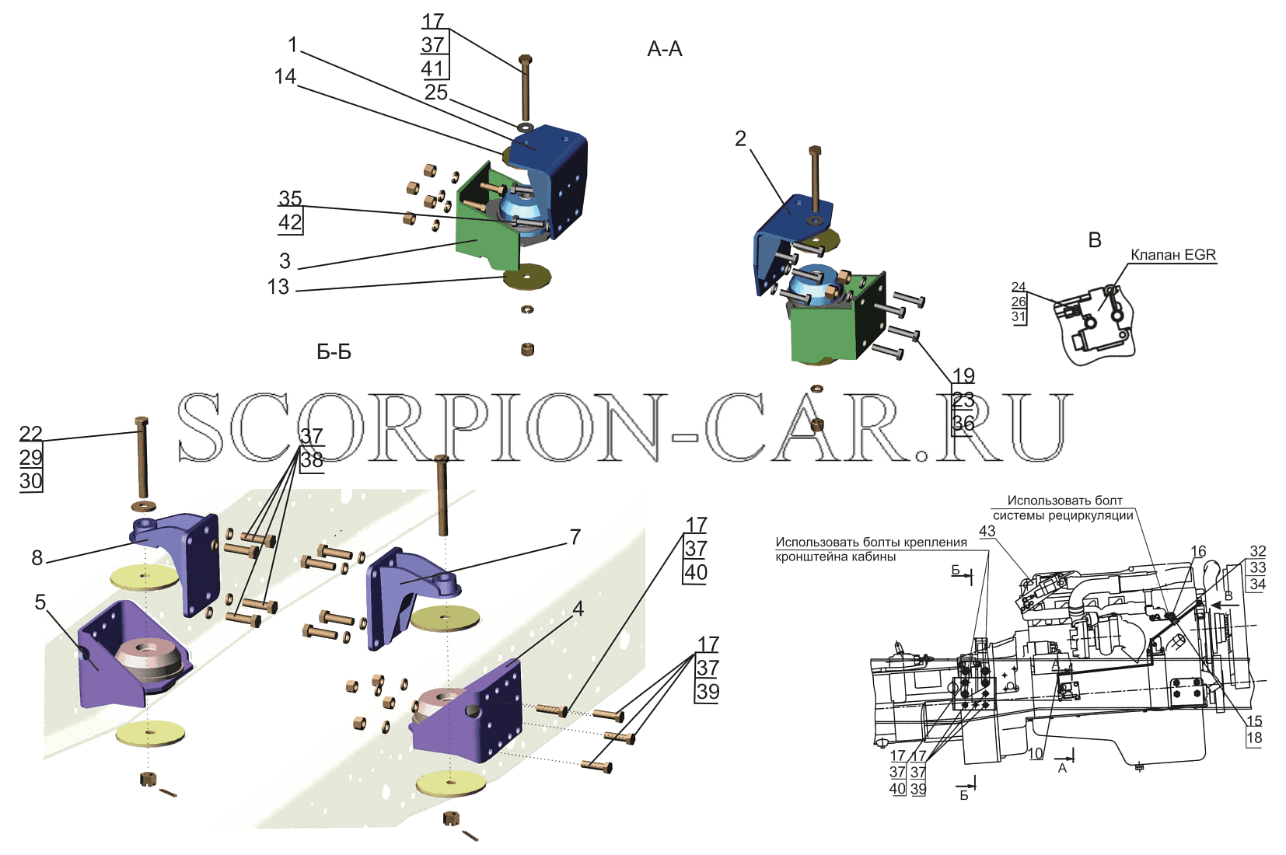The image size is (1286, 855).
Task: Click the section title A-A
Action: tap(664, 49)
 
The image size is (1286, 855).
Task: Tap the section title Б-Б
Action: tap(334, 352)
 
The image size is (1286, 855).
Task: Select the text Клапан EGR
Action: tap(1173, 255)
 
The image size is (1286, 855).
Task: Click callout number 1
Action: tap(293, 45)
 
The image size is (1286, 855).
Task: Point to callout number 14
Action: tap(285, 76)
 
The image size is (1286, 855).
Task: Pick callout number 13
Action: tap(278, 287)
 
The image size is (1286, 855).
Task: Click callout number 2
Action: tap(741, 138)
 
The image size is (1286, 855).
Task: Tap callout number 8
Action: tap(37, 558)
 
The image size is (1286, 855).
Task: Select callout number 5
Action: tap(40, 602)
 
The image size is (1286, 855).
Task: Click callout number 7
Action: tap(575, 537)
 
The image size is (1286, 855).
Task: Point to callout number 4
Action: tap(578, 609)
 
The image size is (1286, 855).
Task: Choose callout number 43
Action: tap(987, 532)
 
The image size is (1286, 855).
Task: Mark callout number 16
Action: tap(1198, 551)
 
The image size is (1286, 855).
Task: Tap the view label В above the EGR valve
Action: tap(1094, 240)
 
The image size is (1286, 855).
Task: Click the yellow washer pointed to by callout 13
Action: tap(527, 277)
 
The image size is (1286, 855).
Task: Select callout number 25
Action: tap(435, 92)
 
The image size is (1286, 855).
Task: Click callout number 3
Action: tap(285, 261)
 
